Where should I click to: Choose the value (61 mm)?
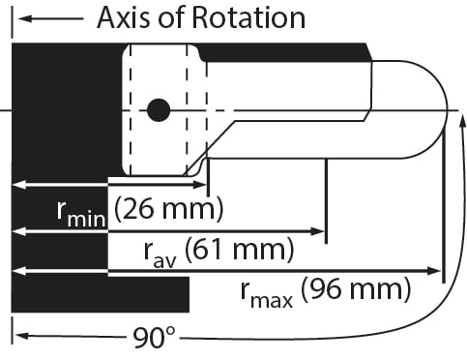pyautogui.click(x=237, y=250)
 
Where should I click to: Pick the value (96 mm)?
pyautogui.click(x=356, y=288)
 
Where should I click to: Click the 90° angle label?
pyautogui.click(x=155, y=338)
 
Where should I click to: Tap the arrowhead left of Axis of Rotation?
pyautogui.click(x=21, y=18)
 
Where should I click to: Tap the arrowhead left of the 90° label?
pyautogui.click(x=19, y=338)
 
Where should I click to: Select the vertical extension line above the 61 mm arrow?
pyautogui.click(x=327, y=194)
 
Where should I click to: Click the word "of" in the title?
pyautogui.click(x=174, y=18)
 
